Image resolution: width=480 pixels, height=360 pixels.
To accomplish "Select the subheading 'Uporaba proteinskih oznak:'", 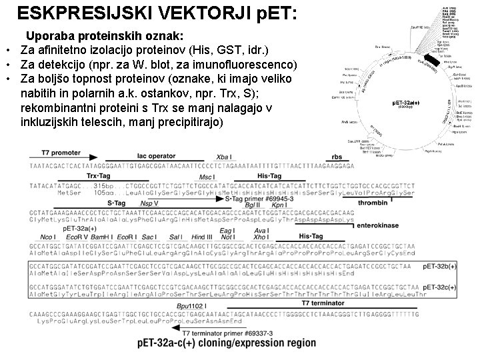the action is pyautogui.click(x=105, y=35).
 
